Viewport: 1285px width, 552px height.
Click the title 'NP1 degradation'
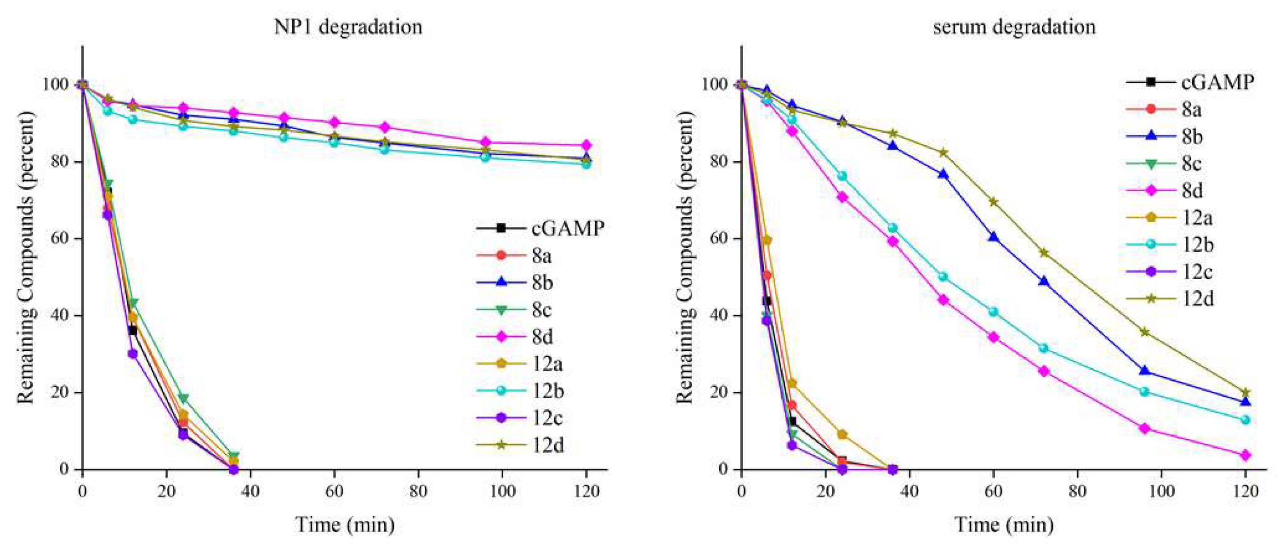pyautogui.click(x=348, y=27)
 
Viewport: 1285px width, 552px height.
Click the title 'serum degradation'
pyautogui.click(x=1014, y=27)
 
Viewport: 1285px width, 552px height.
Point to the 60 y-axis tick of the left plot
pyautogui.click(x=59, y=238)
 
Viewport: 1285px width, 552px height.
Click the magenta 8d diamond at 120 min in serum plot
pyautogui.click(x=1245, y=455)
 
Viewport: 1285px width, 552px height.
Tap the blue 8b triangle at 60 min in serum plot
pyautogui.click(x=994, y=237)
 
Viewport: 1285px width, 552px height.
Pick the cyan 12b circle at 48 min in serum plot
pyautogui.click(x=943, y=277)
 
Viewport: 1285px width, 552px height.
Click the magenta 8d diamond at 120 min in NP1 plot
pyautogui.click(x=586, y=145)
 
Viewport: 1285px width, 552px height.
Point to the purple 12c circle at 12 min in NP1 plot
pyautogui.click(x=133, y=354)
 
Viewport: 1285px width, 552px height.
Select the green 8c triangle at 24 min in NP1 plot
pyautogui.click(x=183, y=399)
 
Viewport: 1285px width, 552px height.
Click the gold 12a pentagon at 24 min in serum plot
pyautogui.click(x=842, y=435)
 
